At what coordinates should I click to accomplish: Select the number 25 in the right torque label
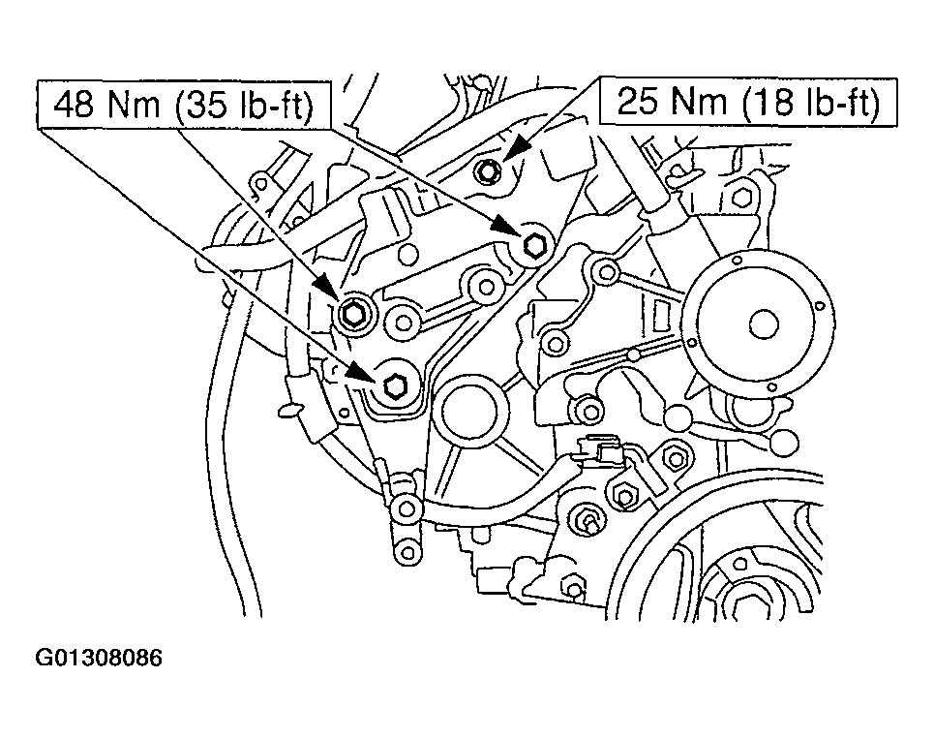(634, 101)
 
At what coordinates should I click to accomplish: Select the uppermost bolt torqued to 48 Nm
(532, 245)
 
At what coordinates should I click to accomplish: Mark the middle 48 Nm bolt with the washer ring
(353, 313)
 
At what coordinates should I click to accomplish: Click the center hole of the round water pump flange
(762, 323)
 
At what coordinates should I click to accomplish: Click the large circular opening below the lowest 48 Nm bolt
(468, 416)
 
